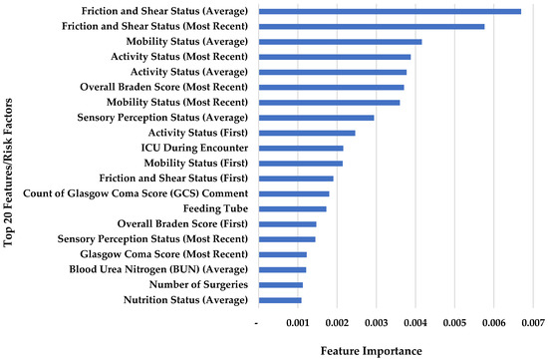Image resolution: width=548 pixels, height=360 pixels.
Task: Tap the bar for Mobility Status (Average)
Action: pos(340,42)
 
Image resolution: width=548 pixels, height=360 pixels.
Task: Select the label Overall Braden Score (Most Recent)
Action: pos(174,87)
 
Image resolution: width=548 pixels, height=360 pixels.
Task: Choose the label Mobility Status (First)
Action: pos(196,163)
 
